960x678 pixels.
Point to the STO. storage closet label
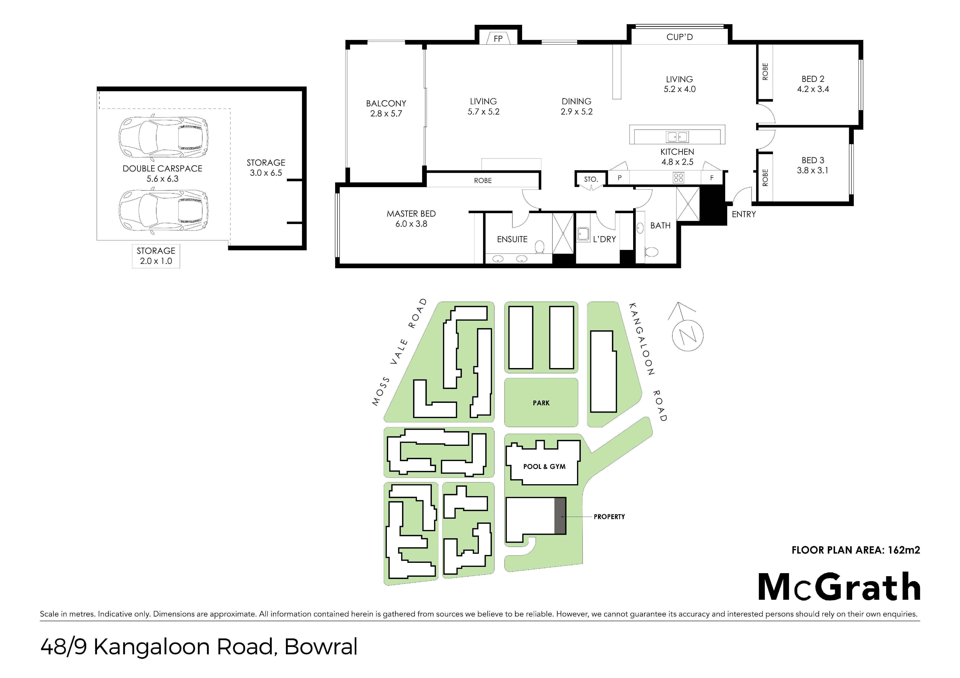[591, 179]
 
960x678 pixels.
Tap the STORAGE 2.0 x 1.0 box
[156, 256]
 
